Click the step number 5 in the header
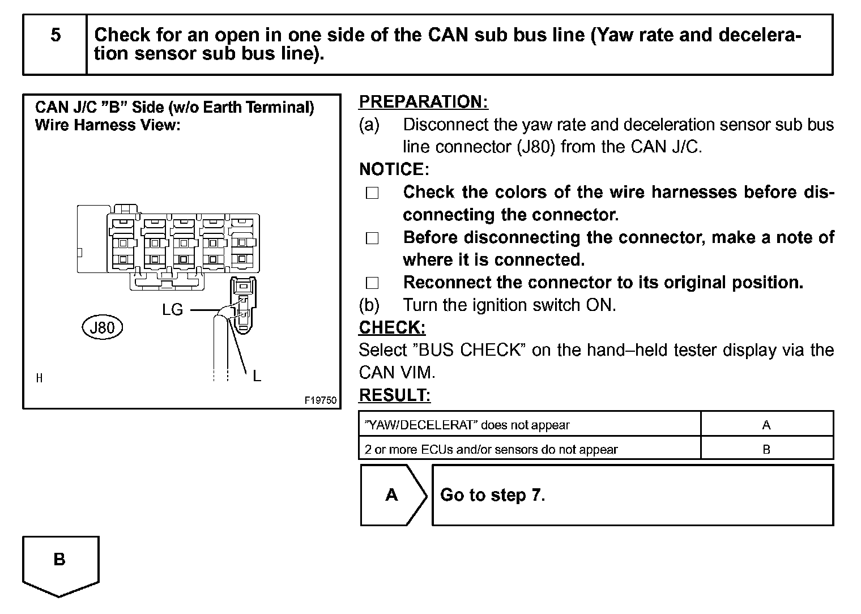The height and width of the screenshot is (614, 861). tap(56, 35)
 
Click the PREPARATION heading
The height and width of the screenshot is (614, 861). tap(423, 102)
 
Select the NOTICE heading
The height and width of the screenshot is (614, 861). tap(394, 169)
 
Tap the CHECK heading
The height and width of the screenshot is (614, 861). tap(392, 327)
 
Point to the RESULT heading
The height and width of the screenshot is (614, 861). tap(395, 395)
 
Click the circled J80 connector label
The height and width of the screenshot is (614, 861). tap(103, 327)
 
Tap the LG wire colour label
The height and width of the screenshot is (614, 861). tap(172, 310)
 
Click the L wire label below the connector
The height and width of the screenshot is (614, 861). tap(257, 376)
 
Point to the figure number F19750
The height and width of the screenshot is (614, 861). tap(321, 400)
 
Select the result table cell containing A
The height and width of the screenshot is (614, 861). tap(766, 425)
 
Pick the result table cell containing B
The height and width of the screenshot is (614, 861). tap(766, 449)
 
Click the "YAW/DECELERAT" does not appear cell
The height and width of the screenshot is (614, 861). tap(529, 425)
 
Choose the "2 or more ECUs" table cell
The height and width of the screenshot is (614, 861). tap(529, 449)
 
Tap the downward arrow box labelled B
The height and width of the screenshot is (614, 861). tap(60, 564)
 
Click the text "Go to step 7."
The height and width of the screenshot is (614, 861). tap(492, 495)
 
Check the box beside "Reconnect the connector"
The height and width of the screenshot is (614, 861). tap(372, 283)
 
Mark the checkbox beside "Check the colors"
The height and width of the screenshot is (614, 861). tap(372, 193)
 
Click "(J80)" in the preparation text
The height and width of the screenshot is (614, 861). tap(536, 147)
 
